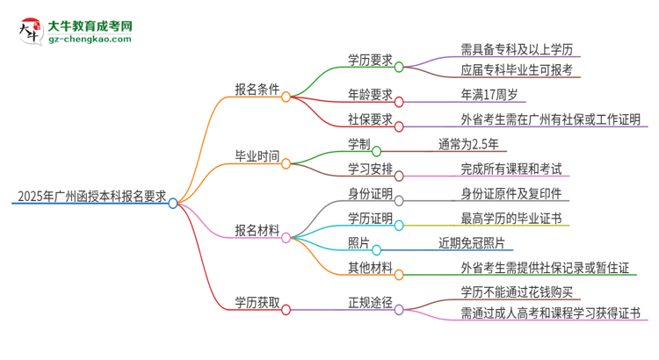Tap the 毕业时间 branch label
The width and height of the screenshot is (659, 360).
pyautogui.click(x=257, y=156)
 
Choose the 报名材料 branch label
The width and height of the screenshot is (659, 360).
pyautogui.click(x=257, y=230)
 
